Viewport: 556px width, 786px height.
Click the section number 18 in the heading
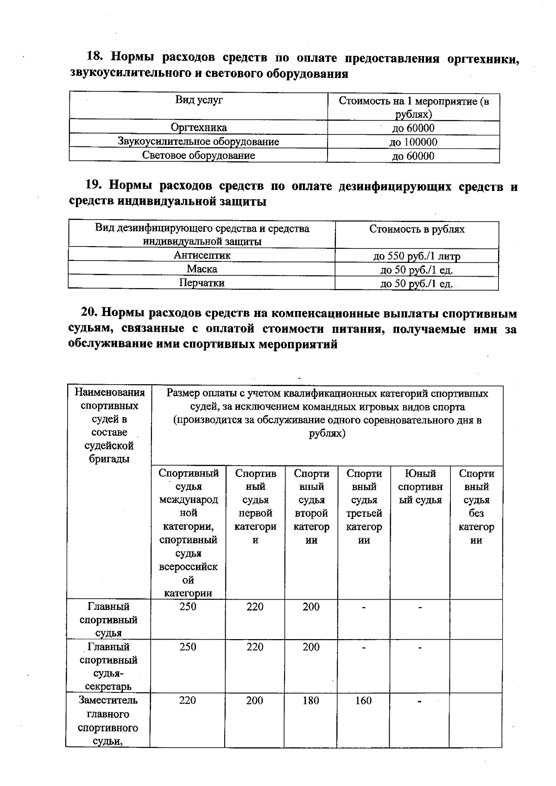94,57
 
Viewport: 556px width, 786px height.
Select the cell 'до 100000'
413,142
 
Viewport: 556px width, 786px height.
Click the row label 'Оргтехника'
199,127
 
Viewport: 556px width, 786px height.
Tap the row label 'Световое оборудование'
198,155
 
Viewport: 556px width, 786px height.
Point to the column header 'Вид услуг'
199,100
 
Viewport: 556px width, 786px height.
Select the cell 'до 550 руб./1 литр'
417,256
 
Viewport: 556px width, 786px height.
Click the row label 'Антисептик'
202,255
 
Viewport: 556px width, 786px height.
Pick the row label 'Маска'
202,269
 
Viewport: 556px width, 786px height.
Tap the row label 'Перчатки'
202,283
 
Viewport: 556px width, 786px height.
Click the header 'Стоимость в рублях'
417,229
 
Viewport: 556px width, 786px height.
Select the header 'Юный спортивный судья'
420,487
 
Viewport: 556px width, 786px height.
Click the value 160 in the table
363,700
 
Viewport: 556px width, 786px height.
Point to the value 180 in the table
310,700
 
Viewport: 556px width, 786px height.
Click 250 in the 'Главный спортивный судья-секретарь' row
188,647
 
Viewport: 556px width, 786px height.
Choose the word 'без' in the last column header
476,513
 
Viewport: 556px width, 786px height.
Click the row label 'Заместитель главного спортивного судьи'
108,720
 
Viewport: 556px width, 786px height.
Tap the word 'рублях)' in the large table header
327,434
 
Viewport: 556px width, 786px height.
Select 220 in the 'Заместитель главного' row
188,700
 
